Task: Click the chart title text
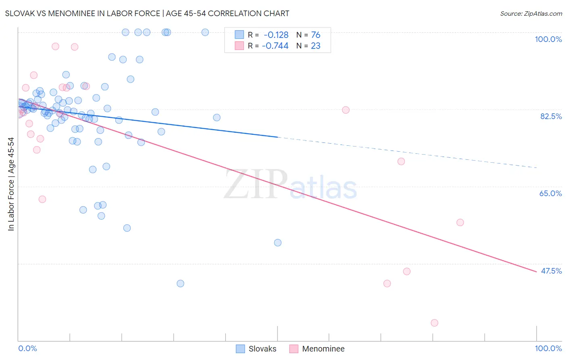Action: pyautogui.click(x=147, y=13)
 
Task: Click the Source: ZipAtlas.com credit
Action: pyautogui.click(x=531, y=13)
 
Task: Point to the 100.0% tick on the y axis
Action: pyautogui.click(x=548, y=39)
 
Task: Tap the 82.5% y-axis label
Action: pyautogui.click(x=551, y=116)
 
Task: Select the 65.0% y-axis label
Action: pyautogui.click(x=550, y=193)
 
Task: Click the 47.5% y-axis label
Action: pyautogui.click(x=551, y=271)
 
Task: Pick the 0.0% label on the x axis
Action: pyautogui.click(x=27, y=348)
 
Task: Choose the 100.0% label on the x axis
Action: pyautogui.click(x=548, y=348)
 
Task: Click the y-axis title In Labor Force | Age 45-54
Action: pyautogui.click(x=11, y=184)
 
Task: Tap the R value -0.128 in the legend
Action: pyautogui.click(x=276, y=35)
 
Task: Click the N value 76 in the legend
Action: pyautogui.click(x=315, y=35)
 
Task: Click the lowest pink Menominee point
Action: pyautogui.click(x=434, y=323)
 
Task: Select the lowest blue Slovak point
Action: pyautogui.click(x=180, y=284)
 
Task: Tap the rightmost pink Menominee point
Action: pyautogui.click(x=460, y=222)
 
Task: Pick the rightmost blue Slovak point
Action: pyautogui.click(x=278, y=243)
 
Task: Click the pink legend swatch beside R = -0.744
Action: pyautogui.click(x=240, y=46)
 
